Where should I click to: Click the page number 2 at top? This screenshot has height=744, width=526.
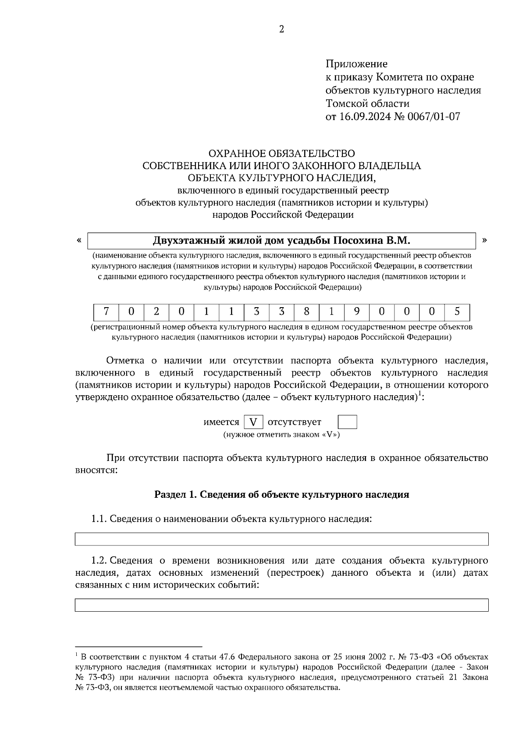(x=281, y=30)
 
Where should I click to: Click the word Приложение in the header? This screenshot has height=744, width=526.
(x=356, y=64)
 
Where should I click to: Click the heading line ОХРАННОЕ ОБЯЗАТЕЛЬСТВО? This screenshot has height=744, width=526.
(x=281, y=153)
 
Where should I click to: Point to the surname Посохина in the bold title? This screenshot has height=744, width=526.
(x=358, y=241)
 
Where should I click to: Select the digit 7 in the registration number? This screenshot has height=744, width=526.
(x=106, y=312)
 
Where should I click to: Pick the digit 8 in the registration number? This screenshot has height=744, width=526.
(x=306, y=312)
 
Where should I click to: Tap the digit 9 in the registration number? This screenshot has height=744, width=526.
(x=357, y=312)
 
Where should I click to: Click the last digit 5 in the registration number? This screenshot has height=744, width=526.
(x=457, y=312)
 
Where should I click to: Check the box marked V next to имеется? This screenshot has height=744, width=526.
(x=253, y=422)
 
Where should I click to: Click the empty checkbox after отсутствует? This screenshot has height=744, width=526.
(x=348, y=422)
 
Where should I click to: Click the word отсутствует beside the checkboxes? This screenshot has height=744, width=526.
(x=294, y=422)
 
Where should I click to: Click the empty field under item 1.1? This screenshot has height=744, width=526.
(x=281, y=539)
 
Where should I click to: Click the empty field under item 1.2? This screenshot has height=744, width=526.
(x=281, y=605)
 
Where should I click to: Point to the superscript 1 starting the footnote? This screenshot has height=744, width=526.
(x=77, y=655)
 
